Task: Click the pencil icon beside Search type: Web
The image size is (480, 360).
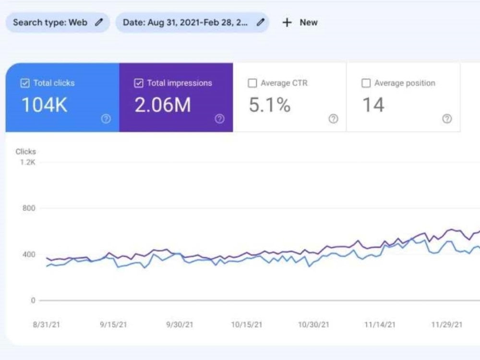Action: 99,22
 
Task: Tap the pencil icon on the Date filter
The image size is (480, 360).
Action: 261,22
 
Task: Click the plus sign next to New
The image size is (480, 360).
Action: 287,23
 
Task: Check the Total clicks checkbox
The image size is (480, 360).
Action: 25,84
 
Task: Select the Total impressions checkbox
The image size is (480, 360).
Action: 139,84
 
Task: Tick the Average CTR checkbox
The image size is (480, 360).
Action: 252,84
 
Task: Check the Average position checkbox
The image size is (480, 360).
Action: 366,84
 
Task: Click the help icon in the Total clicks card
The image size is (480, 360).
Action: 106,119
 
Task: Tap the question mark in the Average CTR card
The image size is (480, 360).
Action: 333,119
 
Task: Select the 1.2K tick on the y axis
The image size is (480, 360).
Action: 27,162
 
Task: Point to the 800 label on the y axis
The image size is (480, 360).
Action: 29,208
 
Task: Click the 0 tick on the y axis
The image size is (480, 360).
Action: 33,300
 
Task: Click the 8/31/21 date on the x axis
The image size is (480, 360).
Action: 47,325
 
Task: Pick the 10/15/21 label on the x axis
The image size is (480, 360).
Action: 247,325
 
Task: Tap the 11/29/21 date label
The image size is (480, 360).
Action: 446,325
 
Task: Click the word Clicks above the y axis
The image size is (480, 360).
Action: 25,152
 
